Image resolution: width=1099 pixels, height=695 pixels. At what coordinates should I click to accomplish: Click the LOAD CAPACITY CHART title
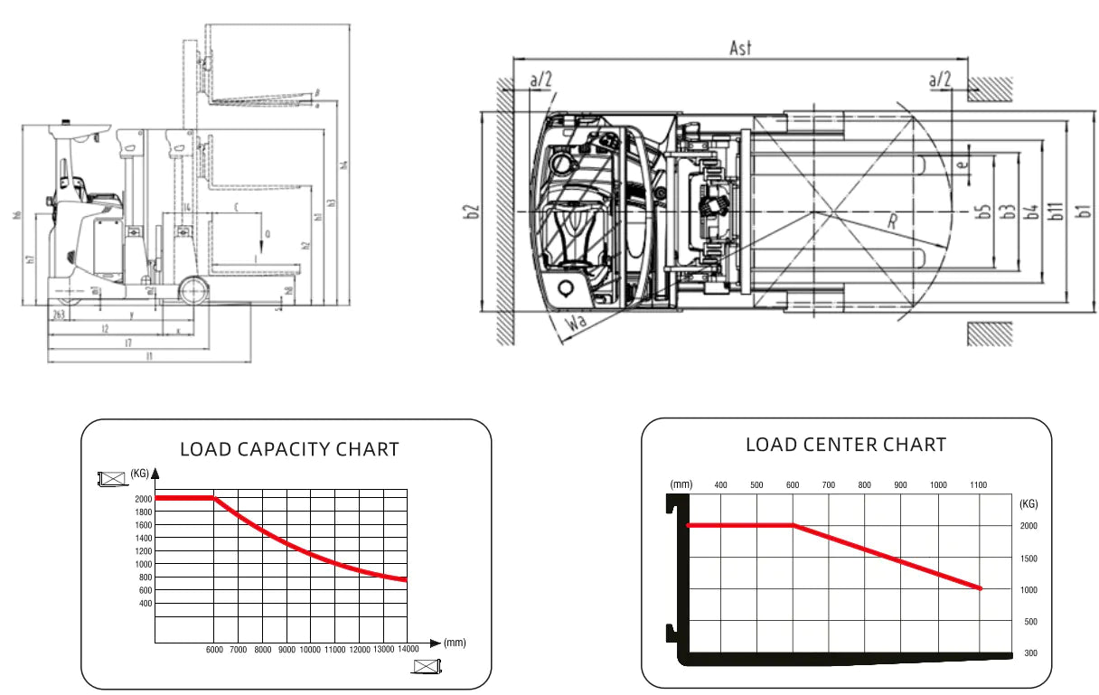tap(289, 449)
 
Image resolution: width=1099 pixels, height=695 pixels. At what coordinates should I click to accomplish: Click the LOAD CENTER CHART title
tap(845, 445)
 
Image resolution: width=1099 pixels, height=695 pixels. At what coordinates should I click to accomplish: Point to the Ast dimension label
tap(740, 49)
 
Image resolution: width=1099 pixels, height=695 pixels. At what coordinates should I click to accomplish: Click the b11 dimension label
tap(1055, 211)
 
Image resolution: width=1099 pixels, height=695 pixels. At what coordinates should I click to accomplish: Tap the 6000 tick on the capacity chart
tap(213, 650)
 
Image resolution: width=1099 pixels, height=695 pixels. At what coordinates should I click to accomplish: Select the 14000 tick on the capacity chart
tap(408, 650)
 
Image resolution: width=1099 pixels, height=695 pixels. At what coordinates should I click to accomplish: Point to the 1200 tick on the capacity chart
tap(144, 550)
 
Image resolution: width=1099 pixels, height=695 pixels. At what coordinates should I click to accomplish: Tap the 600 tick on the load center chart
tap(793, 485)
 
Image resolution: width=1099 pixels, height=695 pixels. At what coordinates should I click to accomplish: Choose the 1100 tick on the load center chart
tap(978, 485)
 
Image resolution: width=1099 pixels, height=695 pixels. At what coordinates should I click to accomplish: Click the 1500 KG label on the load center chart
tap(1029, 558)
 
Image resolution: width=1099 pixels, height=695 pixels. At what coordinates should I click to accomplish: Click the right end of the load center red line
tap(980, 588)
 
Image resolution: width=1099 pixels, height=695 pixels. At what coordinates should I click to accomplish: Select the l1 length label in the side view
tap(149, 356)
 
